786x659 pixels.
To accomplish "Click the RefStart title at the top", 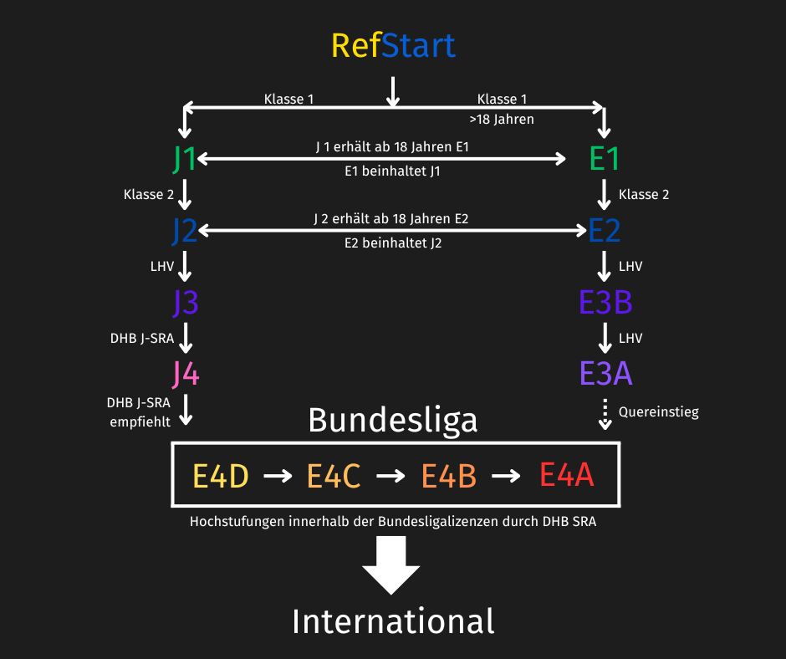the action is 393,46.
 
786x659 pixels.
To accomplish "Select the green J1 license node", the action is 184,159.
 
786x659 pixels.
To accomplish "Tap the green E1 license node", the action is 604,159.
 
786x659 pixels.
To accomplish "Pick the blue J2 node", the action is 184,231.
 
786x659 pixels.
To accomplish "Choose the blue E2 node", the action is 604,231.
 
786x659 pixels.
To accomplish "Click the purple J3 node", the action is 186,303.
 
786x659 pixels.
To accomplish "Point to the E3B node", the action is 605,303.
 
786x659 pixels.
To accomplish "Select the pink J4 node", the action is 186,374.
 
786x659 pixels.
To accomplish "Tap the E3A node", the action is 605,374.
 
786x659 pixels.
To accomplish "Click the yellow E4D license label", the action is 221,476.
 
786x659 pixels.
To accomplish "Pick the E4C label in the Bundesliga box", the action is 334,476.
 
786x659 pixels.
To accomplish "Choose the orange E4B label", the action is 448,476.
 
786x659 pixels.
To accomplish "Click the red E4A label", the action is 566,474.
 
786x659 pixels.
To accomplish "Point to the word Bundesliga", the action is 393,421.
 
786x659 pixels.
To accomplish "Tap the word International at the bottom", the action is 393,622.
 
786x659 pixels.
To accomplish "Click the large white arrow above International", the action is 391,565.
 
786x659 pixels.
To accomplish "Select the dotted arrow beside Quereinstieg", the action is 605,414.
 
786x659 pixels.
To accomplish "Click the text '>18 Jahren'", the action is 502,120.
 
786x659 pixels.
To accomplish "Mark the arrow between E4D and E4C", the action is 278,476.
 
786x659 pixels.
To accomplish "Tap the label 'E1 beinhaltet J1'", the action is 392,171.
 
